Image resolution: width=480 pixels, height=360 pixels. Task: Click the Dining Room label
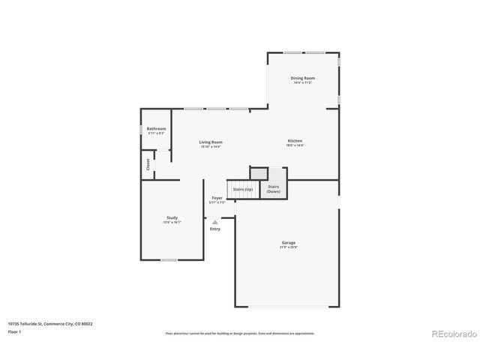coord(303,78)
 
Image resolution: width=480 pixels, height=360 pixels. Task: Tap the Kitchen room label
coord(295,141)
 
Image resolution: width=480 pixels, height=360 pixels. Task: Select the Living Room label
coord(211,142)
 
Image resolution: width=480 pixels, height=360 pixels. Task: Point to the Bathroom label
coord(156,128)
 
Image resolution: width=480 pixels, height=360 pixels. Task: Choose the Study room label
coord(172,217)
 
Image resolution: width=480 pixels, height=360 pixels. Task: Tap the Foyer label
coord(217,198)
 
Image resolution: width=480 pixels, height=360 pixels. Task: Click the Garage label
coord(289,242)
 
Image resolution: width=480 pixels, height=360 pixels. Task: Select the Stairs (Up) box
coord(243,190)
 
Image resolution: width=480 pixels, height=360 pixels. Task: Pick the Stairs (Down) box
coord(274,189)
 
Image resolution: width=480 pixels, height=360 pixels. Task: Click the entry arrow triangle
coord(215,222)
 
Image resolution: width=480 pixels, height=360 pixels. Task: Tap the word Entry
coord(215,229)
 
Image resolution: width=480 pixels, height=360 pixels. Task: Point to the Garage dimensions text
coord(289,247)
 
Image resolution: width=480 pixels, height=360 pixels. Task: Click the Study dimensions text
coord(172,223)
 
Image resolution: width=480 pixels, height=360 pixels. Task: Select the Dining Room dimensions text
coord(303,83)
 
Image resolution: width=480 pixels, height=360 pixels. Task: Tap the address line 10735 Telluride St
coord(50,323)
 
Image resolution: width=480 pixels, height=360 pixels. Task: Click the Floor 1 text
coord(15,331)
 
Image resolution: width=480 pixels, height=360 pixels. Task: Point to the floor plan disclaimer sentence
coord(240,333)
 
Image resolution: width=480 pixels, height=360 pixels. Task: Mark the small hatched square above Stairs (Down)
coord(259,172)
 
